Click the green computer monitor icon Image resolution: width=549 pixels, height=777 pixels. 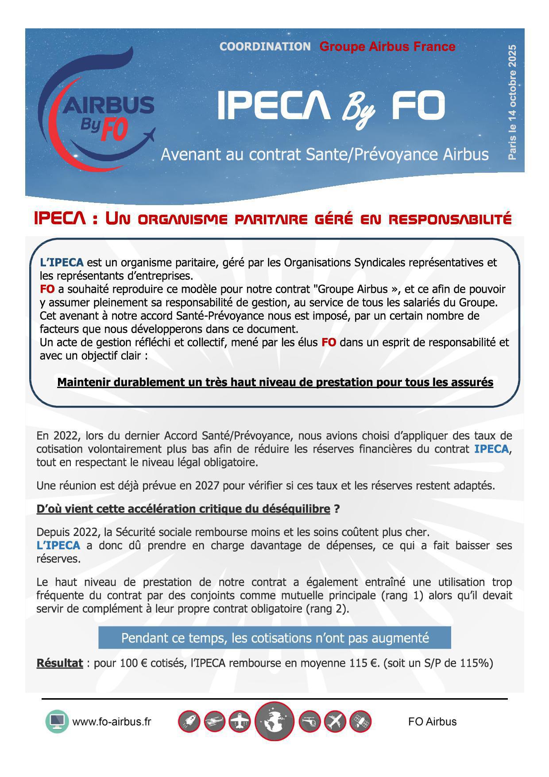click(57, 722)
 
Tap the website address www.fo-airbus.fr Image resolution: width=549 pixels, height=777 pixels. click(112, 722)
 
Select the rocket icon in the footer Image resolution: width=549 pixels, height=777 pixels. click(189, 722)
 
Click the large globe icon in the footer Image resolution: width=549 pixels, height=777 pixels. click(274, 721)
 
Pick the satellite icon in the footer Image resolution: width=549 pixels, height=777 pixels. click(360, 722)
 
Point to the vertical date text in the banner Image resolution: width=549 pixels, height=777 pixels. click(512, 102)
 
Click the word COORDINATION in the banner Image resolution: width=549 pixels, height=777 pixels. click(265, 47)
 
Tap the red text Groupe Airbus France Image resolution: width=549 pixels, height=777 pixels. click(387, 47)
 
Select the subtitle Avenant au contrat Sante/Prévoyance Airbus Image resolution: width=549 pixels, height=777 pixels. click(325, 154)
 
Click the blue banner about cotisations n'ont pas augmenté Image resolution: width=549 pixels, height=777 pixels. click(274, 638)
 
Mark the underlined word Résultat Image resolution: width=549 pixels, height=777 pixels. click(59, 663)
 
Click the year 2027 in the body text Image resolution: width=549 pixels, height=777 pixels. click(207, 486)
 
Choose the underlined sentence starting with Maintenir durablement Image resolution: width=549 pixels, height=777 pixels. click(275, 382)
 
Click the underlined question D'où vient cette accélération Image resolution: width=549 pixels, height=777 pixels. click(183, 509)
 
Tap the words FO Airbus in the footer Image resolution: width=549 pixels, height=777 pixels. click(432, 722)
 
